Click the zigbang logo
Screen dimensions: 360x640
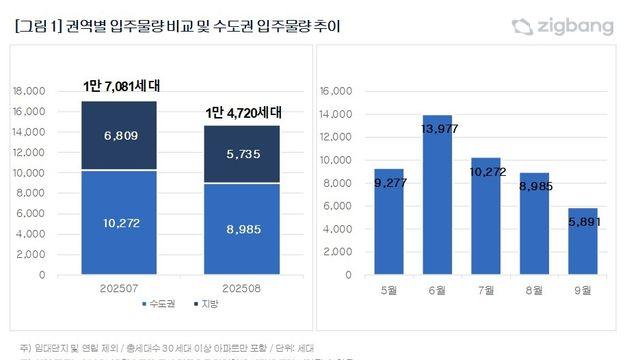click(x=576, y=27)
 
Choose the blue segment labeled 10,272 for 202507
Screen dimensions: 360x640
click(x=120, y=222)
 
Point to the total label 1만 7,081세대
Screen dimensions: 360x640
click(x=121, y=86)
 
